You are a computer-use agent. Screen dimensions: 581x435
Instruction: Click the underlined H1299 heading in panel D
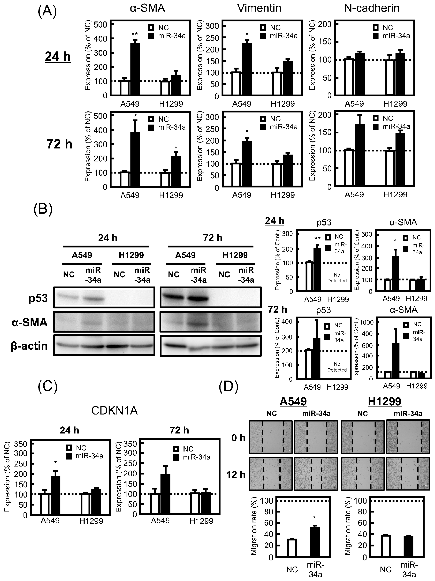coord(384,401)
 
